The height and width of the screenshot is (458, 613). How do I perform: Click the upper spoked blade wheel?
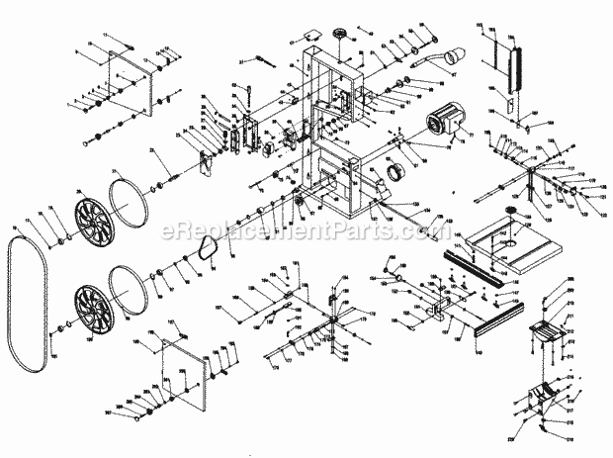pyautogui.click(x=96, y=224)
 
